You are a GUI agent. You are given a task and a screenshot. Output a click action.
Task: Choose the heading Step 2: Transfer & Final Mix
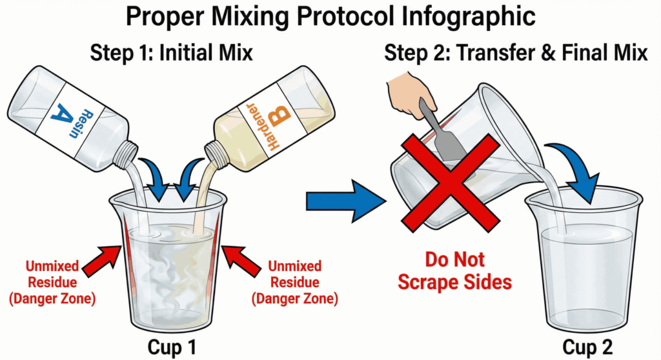(516, 53)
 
